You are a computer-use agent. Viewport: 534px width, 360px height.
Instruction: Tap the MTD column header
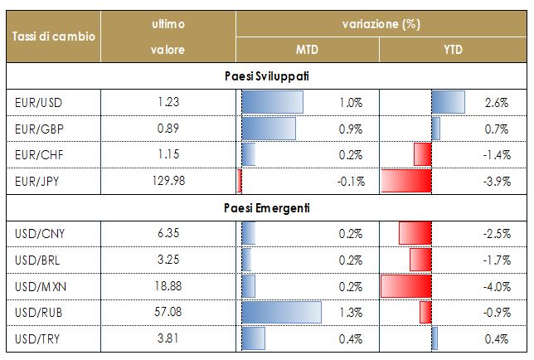click(307, 51)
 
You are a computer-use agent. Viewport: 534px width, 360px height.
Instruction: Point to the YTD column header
click(454, 51)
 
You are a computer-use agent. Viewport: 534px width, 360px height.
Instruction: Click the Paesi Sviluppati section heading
click(266, 76)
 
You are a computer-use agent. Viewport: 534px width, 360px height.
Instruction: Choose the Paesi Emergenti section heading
click(266, 207)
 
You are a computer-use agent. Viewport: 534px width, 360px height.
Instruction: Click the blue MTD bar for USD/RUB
click(280, 312)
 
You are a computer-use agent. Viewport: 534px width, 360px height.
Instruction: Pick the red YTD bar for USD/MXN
click(406, 286)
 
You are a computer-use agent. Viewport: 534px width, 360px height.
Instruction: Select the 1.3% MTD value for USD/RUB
click(351, 313)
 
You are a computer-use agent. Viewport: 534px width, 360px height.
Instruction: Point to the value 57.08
click(168, 312)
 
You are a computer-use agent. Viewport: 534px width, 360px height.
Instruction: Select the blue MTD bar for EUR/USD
click(272, 103)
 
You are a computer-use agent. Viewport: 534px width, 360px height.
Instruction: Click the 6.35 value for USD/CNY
click(168, 234)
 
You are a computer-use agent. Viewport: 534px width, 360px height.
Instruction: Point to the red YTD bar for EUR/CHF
click(423, 155)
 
